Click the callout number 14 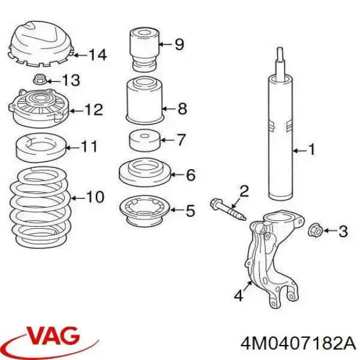(x=98, y=55)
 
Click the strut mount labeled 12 (x=39, y=108)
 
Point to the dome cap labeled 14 (x=40, y=44)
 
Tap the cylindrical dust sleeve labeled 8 (x=145, y=101)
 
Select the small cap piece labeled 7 (x=144, y=141)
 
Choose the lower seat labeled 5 (x=145, y=211)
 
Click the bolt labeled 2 (x=228, y=209)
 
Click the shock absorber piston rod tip (x=280, y=49)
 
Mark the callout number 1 (x=312, y=149)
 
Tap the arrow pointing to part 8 (x=169, y=109)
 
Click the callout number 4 (x=239, y=295)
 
